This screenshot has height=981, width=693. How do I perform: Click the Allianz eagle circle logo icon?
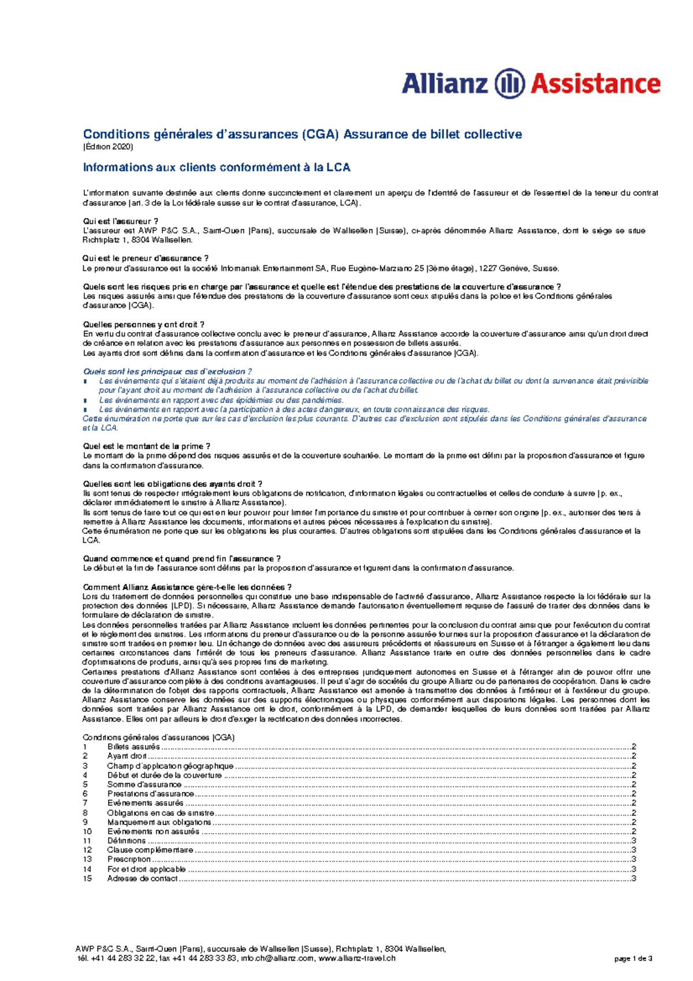pos(509,84)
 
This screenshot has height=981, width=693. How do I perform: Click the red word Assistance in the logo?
pos(595,84)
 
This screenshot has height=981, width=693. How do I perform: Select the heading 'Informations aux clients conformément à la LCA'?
pos(217,168)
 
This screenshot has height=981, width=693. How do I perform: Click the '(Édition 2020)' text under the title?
pos(108,147)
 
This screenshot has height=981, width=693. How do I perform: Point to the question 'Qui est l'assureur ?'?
pos(120,221)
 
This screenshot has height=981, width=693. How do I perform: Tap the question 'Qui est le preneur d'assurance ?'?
pos(146,258)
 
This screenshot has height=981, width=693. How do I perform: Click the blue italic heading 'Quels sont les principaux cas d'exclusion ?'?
pos(167,371)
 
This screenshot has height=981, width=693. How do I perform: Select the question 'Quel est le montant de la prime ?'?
pos(147,446)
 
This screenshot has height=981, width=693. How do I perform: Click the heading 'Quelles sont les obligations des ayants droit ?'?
pos(173,484)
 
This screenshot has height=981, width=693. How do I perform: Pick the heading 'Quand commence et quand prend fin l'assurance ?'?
pos(182,559)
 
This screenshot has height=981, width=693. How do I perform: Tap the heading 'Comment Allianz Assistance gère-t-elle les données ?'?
pos(187,587)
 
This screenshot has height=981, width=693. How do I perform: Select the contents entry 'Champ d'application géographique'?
pos(170,766)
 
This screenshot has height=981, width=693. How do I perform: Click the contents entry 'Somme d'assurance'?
pos(144,785)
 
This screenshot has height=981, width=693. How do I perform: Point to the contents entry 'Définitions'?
pos(126,841)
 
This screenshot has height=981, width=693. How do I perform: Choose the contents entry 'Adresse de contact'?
pos(142,878)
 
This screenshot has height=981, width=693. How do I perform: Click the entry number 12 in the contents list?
pos(87,850)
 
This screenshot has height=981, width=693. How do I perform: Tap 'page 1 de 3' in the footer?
pos(633,958)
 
